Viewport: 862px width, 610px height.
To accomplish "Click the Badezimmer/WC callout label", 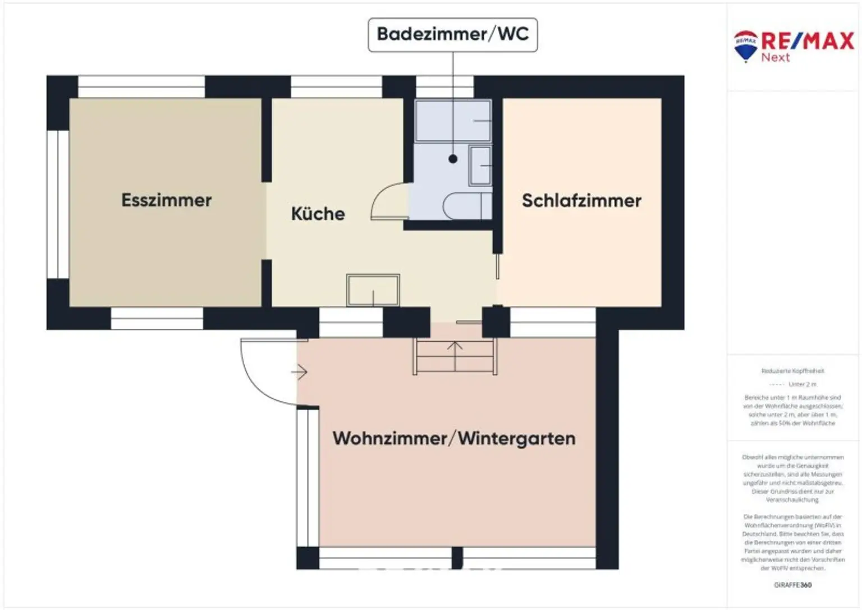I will [x=452, y=34].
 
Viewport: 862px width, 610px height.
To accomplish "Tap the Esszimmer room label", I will [x=167, y=200].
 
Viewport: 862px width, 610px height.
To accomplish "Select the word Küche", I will [x=318, y=214].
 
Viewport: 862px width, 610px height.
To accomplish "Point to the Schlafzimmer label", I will [x=581, y=201].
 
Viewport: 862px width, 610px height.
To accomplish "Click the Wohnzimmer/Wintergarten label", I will [x=454, y=438].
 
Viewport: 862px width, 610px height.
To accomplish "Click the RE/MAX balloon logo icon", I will [x=746, y=45].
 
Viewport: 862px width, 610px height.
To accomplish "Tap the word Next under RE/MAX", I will [x=776, y=57].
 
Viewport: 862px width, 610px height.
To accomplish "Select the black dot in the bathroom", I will [x=453, y=159].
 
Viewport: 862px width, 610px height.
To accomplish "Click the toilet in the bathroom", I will [x=466, y=206].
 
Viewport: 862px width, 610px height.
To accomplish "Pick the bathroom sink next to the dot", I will [x=480, y=165].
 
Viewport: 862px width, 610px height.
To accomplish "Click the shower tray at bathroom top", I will [x=453, y=121].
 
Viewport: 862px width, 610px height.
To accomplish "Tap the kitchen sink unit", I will [x=373, y=290].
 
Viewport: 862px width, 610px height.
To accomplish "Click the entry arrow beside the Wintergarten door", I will [x=299, y=371].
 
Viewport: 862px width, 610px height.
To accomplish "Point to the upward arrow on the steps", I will [x=455, y=352].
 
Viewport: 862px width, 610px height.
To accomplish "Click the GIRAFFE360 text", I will [x=792, y=585].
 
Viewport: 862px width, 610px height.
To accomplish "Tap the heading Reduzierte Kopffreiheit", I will [x=792, y=371].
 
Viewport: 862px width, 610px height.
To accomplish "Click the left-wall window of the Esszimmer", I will [x=58, y=204].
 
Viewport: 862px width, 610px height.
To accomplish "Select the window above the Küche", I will [x=336, y=87].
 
